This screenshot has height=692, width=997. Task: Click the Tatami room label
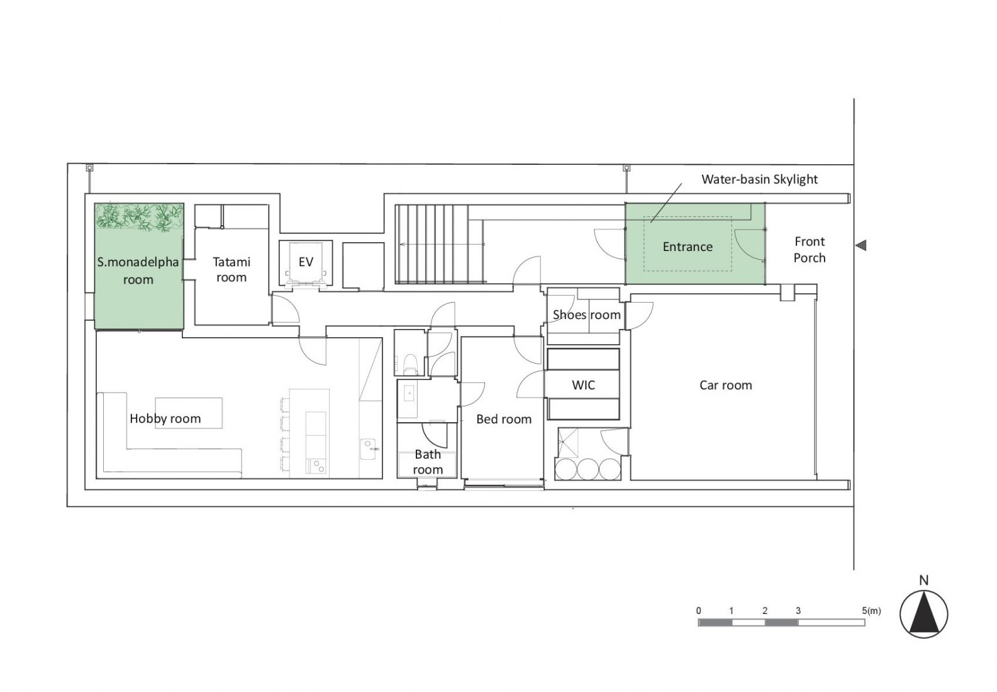(x=231, y=269)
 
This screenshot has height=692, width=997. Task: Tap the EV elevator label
(x=306, y=262)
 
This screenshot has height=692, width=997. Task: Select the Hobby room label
(x=165, y=418)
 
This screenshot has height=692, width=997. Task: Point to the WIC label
(x=583, y=385)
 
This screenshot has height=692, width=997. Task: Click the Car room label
(x=725, y=385)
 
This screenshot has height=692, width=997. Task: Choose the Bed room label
(x=504, y=419)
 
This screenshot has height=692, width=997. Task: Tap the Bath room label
(x=427, y=462)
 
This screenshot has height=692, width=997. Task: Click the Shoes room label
(x=587, y=315)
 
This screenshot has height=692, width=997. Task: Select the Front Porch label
(x=810, y=249)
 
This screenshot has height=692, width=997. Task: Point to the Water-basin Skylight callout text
(x=759, y=179)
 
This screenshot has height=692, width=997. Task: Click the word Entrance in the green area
(x=688, y=247)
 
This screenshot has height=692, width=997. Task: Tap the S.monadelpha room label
(x=138, y=270)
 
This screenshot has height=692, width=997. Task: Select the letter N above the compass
(x=924, y=580)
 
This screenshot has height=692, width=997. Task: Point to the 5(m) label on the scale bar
(x=871, y=611)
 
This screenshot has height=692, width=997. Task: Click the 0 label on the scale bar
(x=699, y=611)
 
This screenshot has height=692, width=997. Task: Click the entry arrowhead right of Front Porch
(x=861, y=245)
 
